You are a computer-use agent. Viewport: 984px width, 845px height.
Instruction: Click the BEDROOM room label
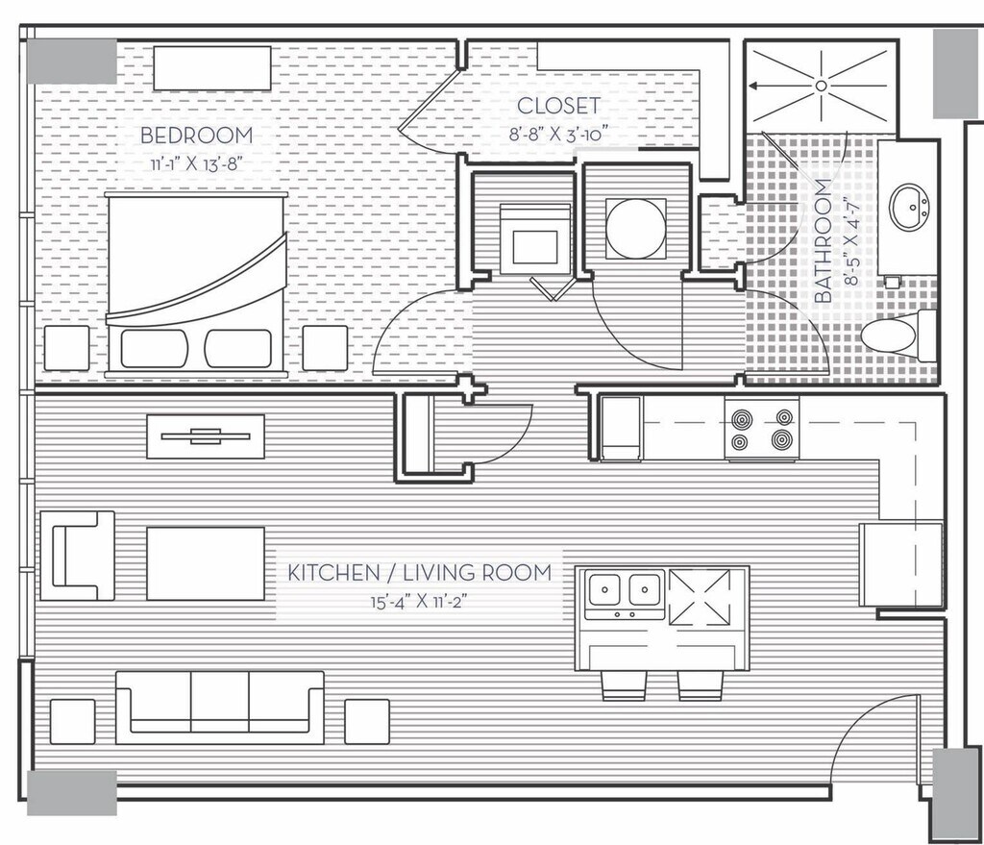pos(196,136)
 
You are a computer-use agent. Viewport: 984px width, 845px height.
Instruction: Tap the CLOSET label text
pos(558,106)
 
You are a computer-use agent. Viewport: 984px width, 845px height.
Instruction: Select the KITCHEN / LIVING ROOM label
pos(420,573)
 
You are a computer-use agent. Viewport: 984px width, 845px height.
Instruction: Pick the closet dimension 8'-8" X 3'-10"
pos(559,134)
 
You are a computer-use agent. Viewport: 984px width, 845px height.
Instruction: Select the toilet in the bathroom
pos(893,336)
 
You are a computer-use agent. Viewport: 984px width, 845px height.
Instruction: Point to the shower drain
pos(822,86)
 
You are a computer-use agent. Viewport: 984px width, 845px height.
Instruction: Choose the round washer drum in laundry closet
pos(635,228)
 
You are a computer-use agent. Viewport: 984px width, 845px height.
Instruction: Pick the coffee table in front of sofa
pos(206,562)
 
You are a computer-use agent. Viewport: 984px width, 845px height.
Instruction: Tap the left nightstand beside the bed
pos(66,348)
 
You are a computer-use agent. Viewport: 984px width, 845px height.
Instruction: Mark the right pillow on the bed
pos(238,348)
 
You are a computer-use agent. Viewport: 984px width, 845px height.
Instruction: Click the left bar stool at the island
pos(625,683)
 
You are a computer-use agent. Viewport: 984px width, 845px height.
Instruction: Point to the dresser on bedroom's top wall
pos(211,66)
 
